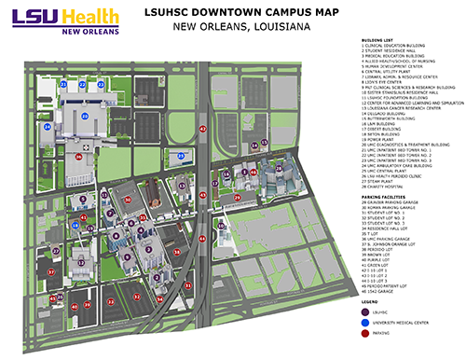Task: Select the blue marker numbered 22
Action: coord(89,84)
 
